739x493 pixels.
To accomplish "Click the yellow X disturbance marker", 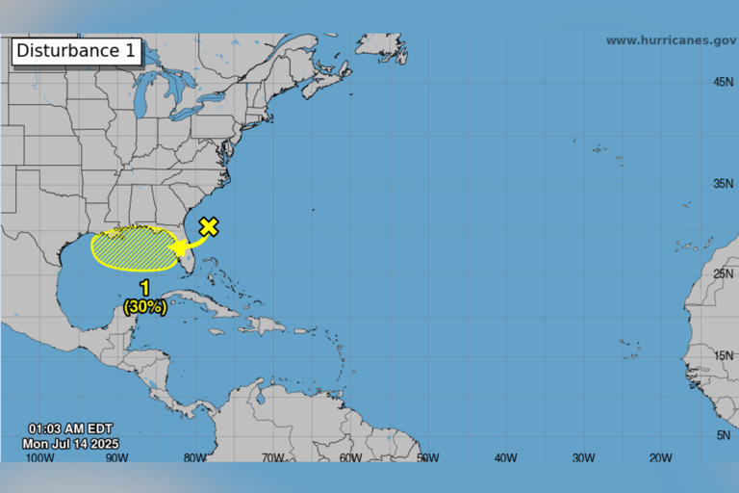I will tap(208, 227).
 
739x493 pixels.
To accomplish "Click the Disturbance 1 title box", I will tap(76, 51).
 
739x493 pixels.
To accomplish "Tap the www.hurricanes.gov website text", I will tap(671, 40).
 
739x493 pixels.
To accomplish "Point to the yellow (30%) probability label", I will tap(145, 307).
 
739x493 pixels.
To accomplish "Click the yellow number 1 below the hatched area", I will tap(145, 288).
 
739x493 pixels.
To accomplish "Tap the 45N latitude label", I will tap(724, 83).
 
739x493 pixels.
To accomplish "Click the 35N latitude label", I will tap(724, 183).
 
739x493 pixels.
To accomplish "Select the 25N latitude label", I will tap(724, 274).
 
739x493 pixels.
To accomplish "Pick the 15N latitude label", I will tap(724, 356).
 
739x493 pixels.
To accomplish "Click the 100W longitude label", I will tap(38, 457).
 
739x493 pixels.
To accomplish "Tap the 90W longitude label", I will tap(116, 457).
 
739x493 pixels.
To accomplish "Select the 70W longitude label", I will tap(272, 457).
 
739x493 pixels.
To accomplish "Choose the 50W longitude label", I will tap(428, 457).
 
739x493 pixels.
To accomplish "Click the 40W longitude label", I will tap(505, 457).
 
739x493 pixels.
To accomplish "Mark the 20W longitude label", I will tap(660, 457).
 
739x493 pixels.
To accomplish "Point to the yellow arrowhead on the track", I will tap(179, 248).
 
